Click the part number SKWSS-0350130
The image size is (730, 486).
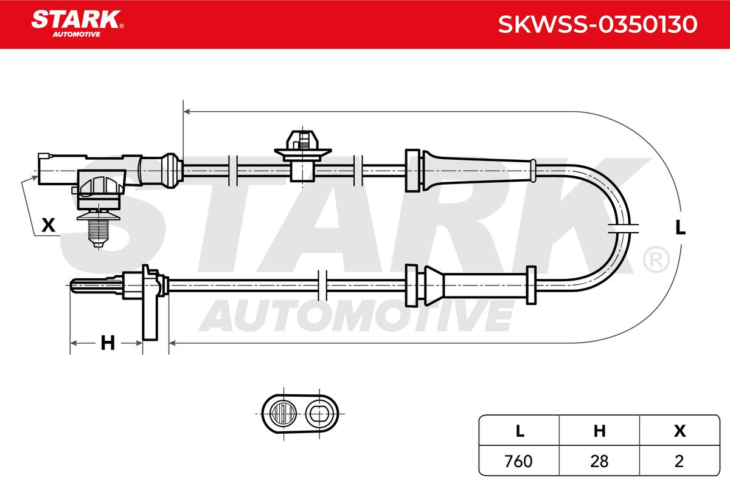pyautogui.click(x=597, y=24)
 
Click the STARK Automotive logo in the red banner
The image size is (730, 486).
pyautogui.click(x=77, y=24)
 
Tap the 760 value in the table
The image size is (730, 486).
pyautogui.click(x=518, y=461)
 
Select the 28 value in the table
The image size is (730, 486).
pyautogui.click(x=599, y=461)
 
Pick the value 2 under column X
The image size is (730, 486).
pyautogui.click(x=679, y=461)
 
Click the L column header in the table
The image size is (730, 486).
pyautogui.click(x=520, y=431)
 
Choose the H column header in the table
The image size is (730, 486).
pyautogui.click(x=599, y=431)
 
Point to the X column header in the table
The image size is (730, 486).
pyautogui.click(x=680, y=431)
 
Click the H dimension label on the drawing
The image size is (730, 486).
pyautogui.click(x=108, y=343)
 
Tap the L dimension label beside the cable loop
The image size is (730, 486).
pyautogui.click(x=681, y=228)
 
